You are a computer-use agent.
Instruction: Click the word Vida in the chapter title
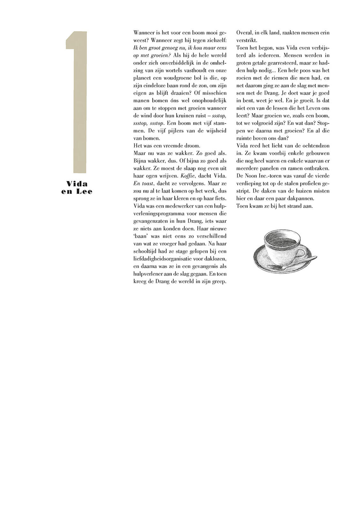coord(77,184)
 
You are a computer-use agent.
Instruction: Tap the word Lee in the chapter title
coord(84,192)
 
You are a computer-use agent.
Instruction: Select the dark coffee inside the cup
coord(282,240)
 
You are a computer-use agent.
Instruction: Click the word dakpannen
coord(301,198)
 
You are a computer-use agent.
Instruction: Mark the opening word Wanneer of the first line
coord(144,33)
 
